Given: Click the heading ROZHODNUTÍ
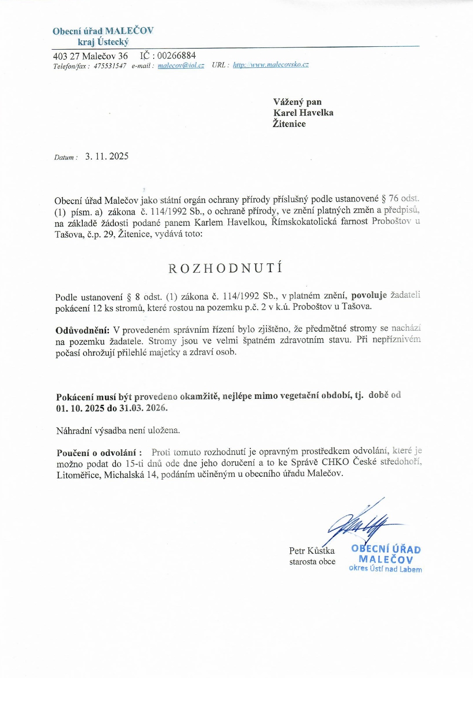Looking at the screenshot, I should [x=225, y=268].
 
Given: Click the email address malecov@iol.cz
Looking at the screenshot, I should [x=181, y=65].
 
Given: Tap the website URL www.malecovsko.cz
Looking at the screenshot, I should [x=271, y=65].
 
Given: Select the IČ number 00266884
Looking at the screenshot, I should [x=177, y=56].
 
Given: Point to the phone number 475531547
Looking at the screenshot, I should [x=110, y=66].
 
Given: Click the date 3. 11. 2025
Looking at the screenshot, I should [x=107, y=156].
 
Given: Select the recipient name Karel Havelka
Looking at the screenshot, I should [x=303, y=113].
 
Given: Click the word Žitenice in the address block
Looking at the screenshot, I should [x=289, y=124].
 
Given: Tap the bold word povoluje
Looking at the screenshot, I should [x=369, y=295].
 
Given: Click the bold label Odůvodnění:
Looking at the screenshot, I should [x=82, y=330].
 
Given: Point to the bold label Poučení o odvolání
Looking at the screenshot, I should [x=99, y=453].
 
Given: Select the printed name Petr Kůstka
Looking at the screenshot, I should [x=312, y=550].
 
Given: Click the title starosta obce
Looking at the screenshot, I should [x=312, y=561].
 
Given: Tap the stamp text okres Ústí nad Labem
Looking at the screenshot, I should [x=385, y=569].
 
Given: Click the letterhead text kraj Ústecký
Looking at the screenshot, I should [x=103, y=42].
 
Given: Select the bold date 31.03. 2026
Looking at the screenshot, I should [x=143, y=408].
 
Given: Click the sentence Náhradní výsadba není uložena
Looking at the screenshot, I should [x=118, y=430].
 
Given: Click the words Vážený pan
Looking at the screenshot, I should [x=297, y=102].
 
